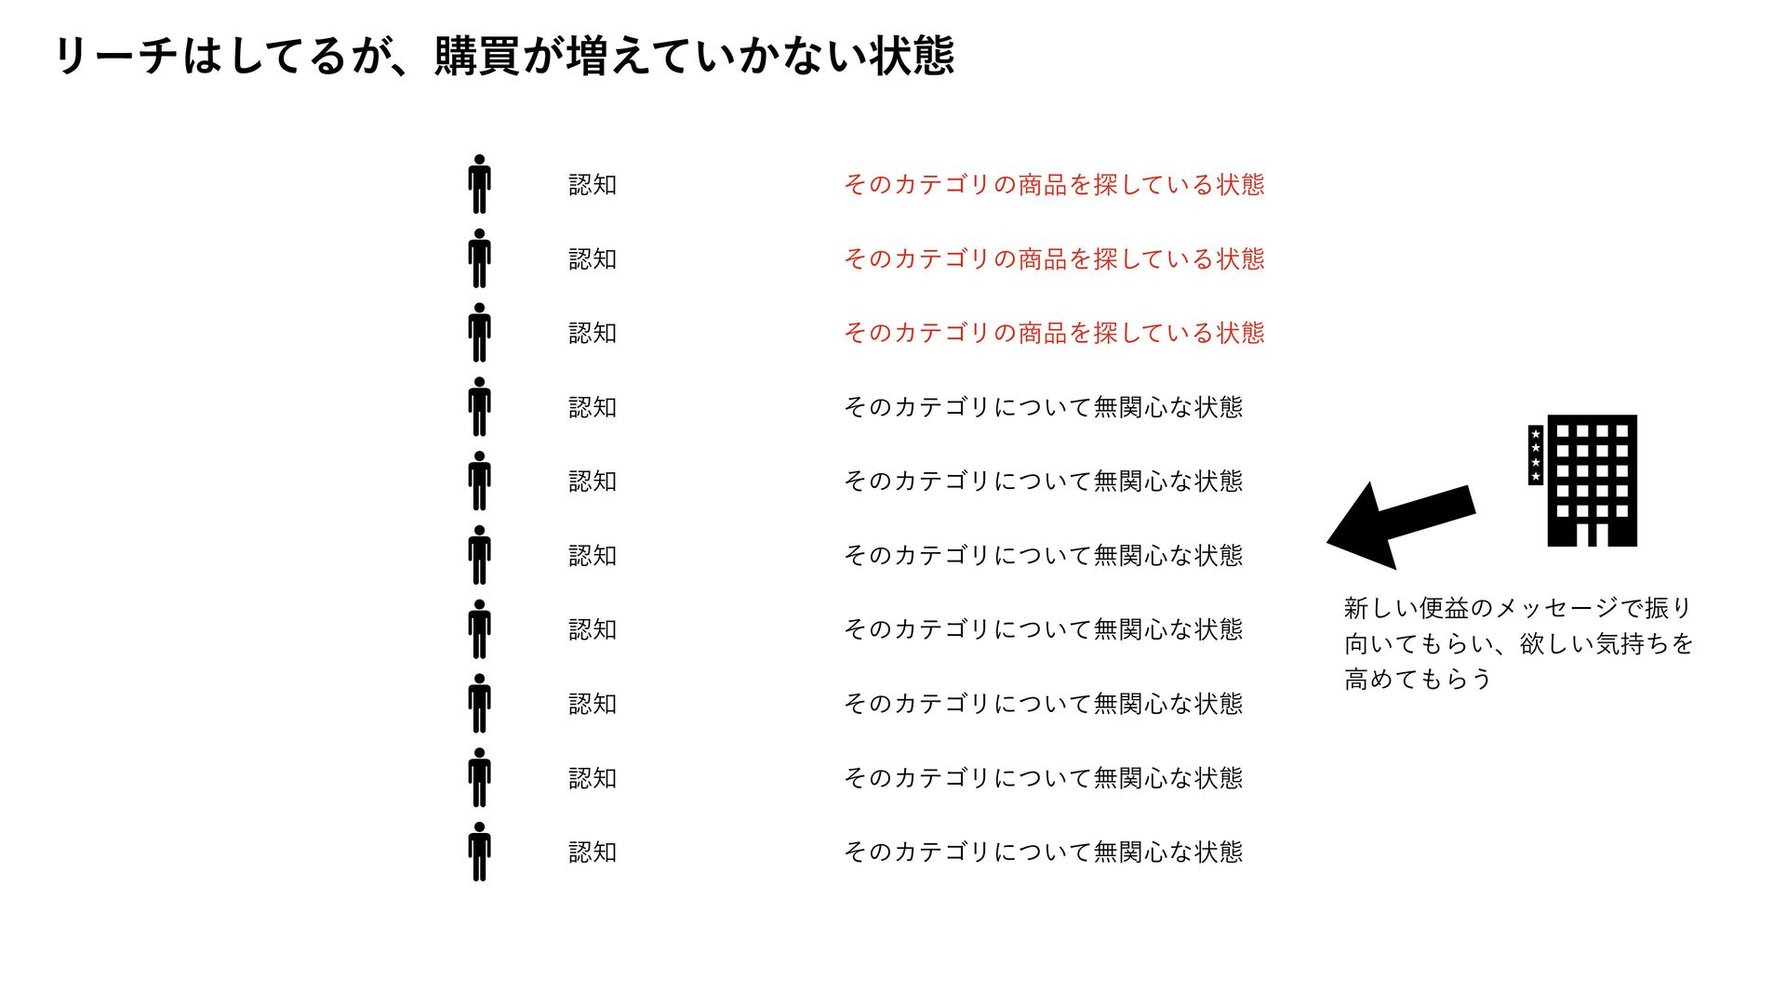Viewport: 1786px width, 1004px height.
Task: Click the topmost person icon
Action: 479,184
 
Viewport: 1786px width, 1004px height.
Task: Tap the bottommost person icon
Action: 479,852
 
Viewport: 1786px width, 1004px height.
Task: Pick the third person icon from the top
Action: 479,333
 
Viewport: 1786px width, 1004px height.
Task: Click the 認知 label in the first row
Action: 593,185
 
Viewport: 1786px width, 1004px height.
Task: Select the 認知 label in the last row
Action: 593,852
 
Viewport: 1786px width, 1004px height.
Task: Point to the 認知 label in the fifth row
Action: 593,482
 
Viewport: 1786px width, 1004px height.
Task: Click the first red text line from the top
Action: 1054,185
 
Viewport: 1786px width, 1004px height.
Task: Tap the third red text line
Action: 1054,333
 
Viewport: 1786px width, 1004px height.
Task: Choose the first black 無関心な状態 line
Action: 1043,407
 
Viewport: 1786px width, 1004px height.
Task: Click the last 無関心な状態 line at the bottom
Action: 1043,852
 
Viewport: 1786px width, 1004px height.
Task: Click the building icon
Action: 1592,481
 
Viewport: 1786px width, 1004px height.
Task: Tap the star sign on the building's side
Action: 1536,456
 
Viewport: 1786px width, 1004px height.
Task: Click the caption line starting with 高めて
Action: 1418,680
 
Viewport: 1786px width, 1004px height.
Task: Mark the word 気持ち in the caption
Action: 1633,644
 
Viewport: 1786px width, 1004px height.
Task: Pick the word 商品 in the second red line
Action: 1043,259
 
